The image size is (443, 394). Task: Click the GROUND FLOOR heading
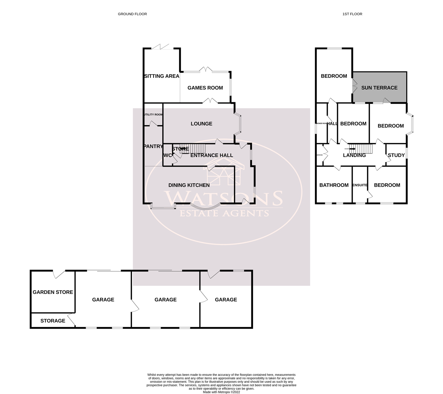132,14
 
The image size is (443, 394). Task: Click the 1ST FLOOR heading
352,14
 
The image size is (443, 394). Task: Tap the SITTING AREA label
162,76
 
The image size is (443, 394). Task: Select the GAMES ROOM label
205,88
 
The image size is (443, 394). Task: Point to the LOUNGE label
201,124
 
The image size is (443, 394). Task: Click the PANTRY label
153,147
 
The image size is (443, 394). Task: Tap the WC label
167,155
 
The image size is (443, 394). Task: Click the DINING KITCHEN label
189,185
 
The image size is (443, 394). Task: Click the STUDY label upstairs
396,155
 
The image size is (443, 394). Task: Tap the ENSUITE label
360,185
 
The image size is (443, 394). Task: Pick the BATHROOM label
334,185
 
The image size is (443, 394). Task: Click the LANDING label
354,155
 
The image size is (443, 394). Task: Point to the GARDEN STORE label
53,292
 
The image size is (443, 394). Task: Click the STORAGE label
53,321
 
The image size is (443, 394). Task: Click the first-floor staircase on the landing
362,149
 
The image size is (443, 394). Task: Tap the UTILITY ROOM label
153,115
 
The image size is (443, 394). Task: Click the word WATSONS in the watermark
223,198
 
